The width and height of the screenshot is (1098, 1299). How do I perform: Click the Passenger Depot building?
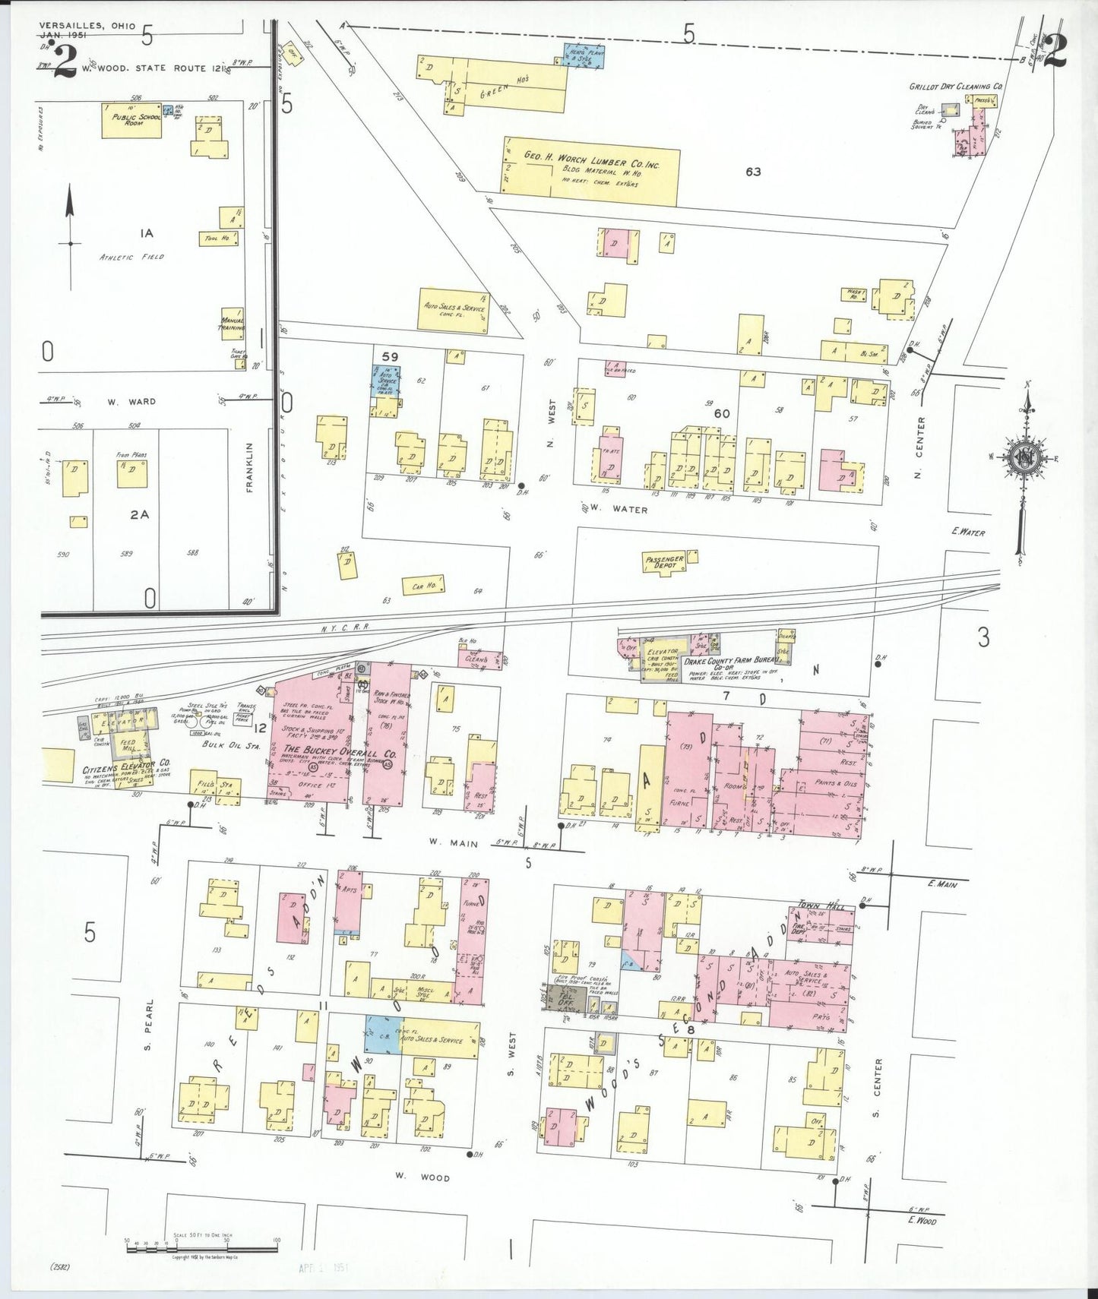pos(665,563)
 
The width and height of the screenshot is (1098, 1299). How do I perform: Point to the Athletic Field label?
pos(131,257)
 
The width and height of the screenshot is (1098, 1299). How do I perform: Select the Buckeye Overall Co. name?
pos(340,753)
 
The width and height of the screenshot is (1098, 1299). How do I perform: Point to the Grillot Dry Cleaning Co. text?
pos(956,87)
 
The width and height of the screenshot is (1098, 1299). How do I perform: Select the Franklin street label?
pos(249,468)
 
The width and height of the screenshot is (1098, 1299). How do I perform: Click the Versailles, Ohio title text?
pos(87,26)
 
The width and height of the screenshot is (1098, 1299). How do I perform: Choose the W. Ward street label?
pos(132,401)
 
